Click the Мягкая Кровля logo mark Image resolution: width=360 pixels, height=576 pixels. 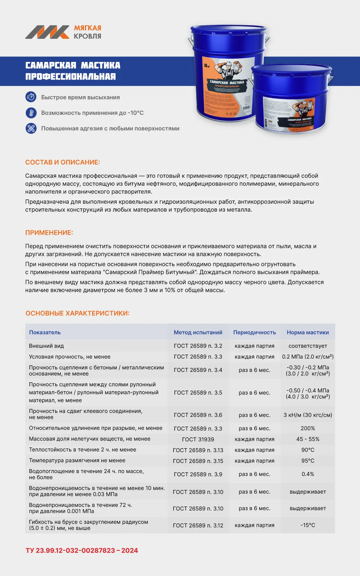[x=47, y=32]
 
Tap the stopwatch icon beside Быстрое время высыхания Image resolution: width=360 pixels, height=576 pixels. [x=31, y=97]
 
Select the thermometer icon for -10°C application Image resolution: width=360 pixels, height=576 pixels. [x=31, y=113]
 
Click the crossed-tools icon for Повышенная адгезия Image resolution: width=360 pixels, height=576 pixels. [x=31, y=128]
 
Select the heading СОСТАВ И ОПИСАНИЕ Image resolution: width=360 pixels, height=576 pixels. [x=63, y=162]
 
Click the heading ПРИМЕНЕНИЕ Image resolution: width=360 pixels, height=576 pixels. [x=49, y=233]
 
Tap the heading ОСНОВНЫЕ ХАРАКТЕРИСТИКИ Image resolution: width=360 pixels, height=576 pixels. [x=77, y=313]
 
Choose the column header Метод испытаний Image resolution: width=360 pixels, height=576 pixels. [x=198, y=332]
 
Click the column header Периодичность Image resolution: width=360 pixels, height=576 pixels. [x=255, y=332]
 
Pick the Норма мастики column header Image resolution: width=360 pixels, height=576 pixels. [x=308, y=332]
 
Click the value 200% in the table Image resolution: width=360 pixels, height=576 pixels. [x=308, y=428]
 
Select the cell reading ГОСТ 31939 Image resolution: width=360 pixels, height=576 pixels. [x=198, y=439]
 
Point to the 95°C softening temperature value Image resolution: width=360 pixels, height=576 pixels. [x=308, y=461]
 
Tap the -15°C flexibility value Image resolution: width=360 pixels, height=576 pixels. [x=308, y=525]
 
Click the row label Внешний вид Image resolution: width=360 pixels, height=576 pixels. [x=46, y=346]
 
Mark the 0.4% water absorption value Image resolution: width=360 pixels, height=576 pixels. [x=308, y=474]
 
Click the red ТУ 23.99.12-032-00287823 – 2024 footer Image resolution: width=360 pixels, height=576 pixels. [x=82, y=550]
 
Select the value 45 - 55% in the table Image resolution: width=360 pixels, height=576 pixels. [x=308, y=439]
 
